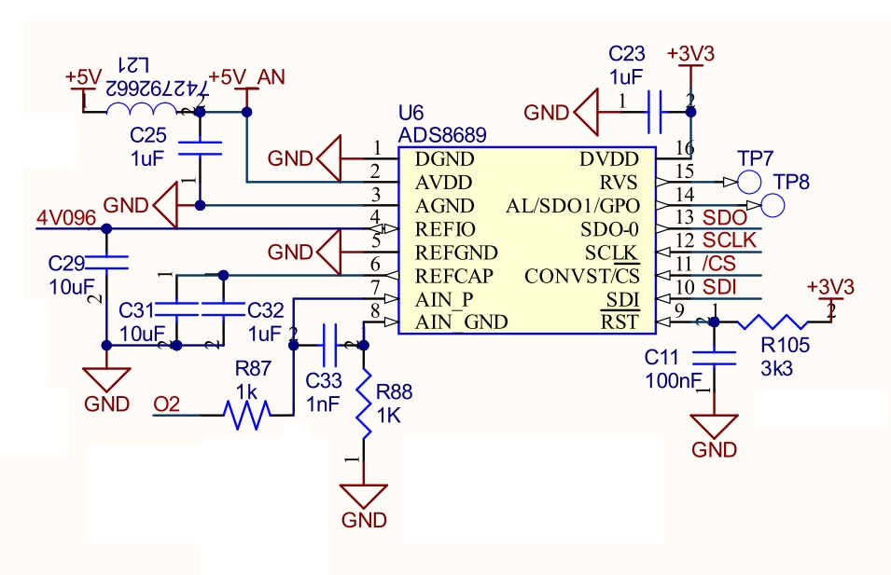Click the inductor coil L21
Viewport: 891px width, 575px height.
click(x=141, y=111)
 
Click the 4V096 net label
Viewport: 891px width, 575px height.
click(x=65, y=218)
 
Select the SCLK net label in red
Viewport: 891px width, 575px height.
click(x=729, y=240)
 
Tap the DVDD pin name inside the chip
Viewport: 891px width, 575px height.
click(x=611, y=158)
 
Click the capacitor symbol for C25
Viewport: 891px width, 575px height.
click(x=200, y=146)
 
